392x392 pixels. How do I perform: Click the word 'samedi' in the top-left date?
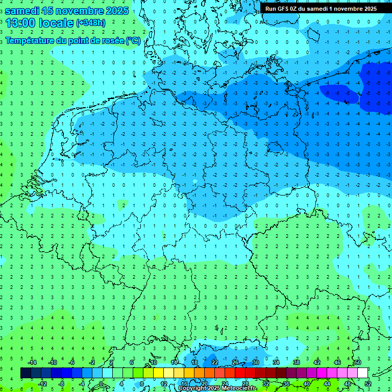(x=21, y=10)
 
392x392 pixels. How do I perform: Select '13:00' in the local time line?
(x=20, y=22)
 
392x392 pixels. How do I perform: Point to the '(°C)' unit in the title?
(x=133, y=40)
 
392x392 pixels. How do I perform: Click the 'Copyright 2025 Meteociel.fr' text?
(x=217, y=388)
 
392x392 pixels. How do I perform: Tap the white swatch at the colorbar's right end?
(x=362, y=373)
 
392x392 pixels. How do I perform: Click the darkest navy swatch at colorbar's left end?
(x=26, y=373)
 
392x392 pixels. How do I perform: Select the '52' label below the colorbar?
(x=368, y=384)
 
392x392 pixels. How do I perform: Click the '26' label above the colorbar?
(x=235, y=362)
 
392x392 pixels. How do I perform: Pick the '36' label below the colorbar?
(x=286, y=384)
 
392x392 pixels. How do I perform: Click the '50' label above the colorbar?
(x=357, y=362)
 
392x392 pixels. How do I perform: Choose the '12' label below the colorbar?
(x=164, y=384)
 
